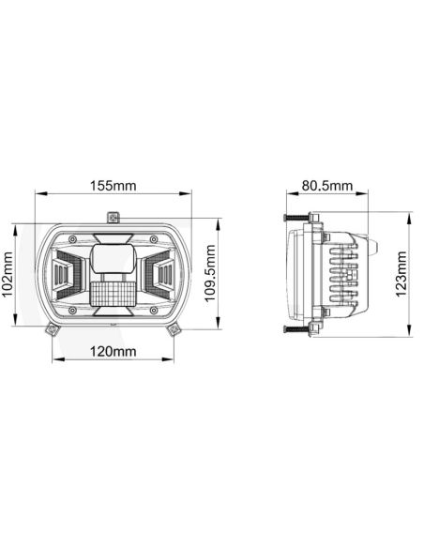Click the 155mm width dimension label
114,185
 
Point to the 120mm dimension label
113,352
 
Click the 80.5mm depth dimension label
326,185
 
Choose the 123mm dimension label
402,273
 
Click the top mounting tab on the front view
114,218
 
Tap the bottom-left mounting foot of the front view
52,325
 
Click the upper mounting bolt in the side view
298,220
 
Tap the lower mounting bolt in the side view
298,328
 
